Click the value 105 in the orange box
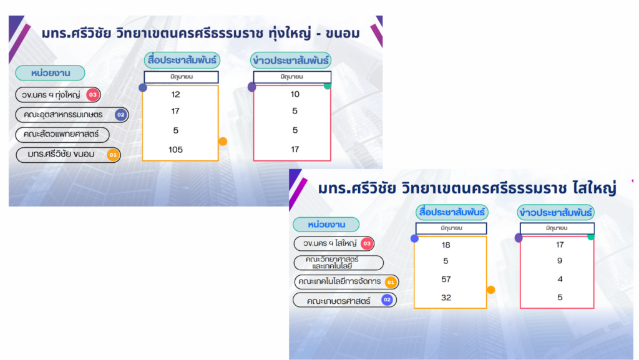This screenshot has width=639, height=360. [x=175, y=150]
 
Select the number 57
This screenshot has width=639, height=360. [x=446, y=279]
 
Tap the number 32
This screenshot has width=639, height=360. [x=446, y=297]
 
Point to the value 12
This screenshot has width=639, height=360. [x=175, y=94]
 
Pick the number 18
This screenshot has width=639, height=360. [x=446, y=245]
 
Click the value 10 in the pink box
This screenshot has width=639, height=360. [x=295, y=94]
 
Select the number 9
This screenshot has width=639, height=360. [x=560, y=261]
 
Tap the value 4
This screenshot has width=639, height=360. [x=560, y=279]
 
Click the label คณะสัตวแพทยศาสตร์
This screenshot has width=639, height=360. [x=61, y=134]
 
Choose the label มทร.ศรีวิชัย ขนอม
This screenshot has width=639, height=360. [x=61, y=154]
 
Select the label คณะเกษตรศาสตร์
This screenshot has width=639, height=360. [x=339, y=301]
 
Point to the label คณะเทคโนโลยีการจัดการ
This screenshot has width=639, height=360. [x=339, y=281]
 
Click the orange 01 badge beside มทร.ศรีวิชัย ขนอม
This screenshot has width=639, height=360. [x=113, y=155]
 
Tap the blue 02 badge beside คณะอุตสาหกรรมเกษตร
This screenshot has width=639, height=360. [x=120, y=115]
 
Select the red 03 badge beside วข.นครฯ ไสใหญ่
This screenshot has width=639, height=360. [x=367, y=243]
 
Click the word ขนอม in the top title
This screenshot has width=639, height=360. [x=343, y=34]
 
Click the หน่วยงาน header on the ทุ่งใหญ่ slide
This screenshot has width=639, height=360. [x=51, y=73]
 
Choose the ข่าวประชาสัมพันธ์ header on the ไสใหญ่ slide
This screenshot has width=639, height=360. [x=556, y=213]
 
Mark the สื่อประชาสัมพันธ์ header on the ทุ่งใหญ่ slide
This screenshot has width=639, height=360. [x=182, y=61]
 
